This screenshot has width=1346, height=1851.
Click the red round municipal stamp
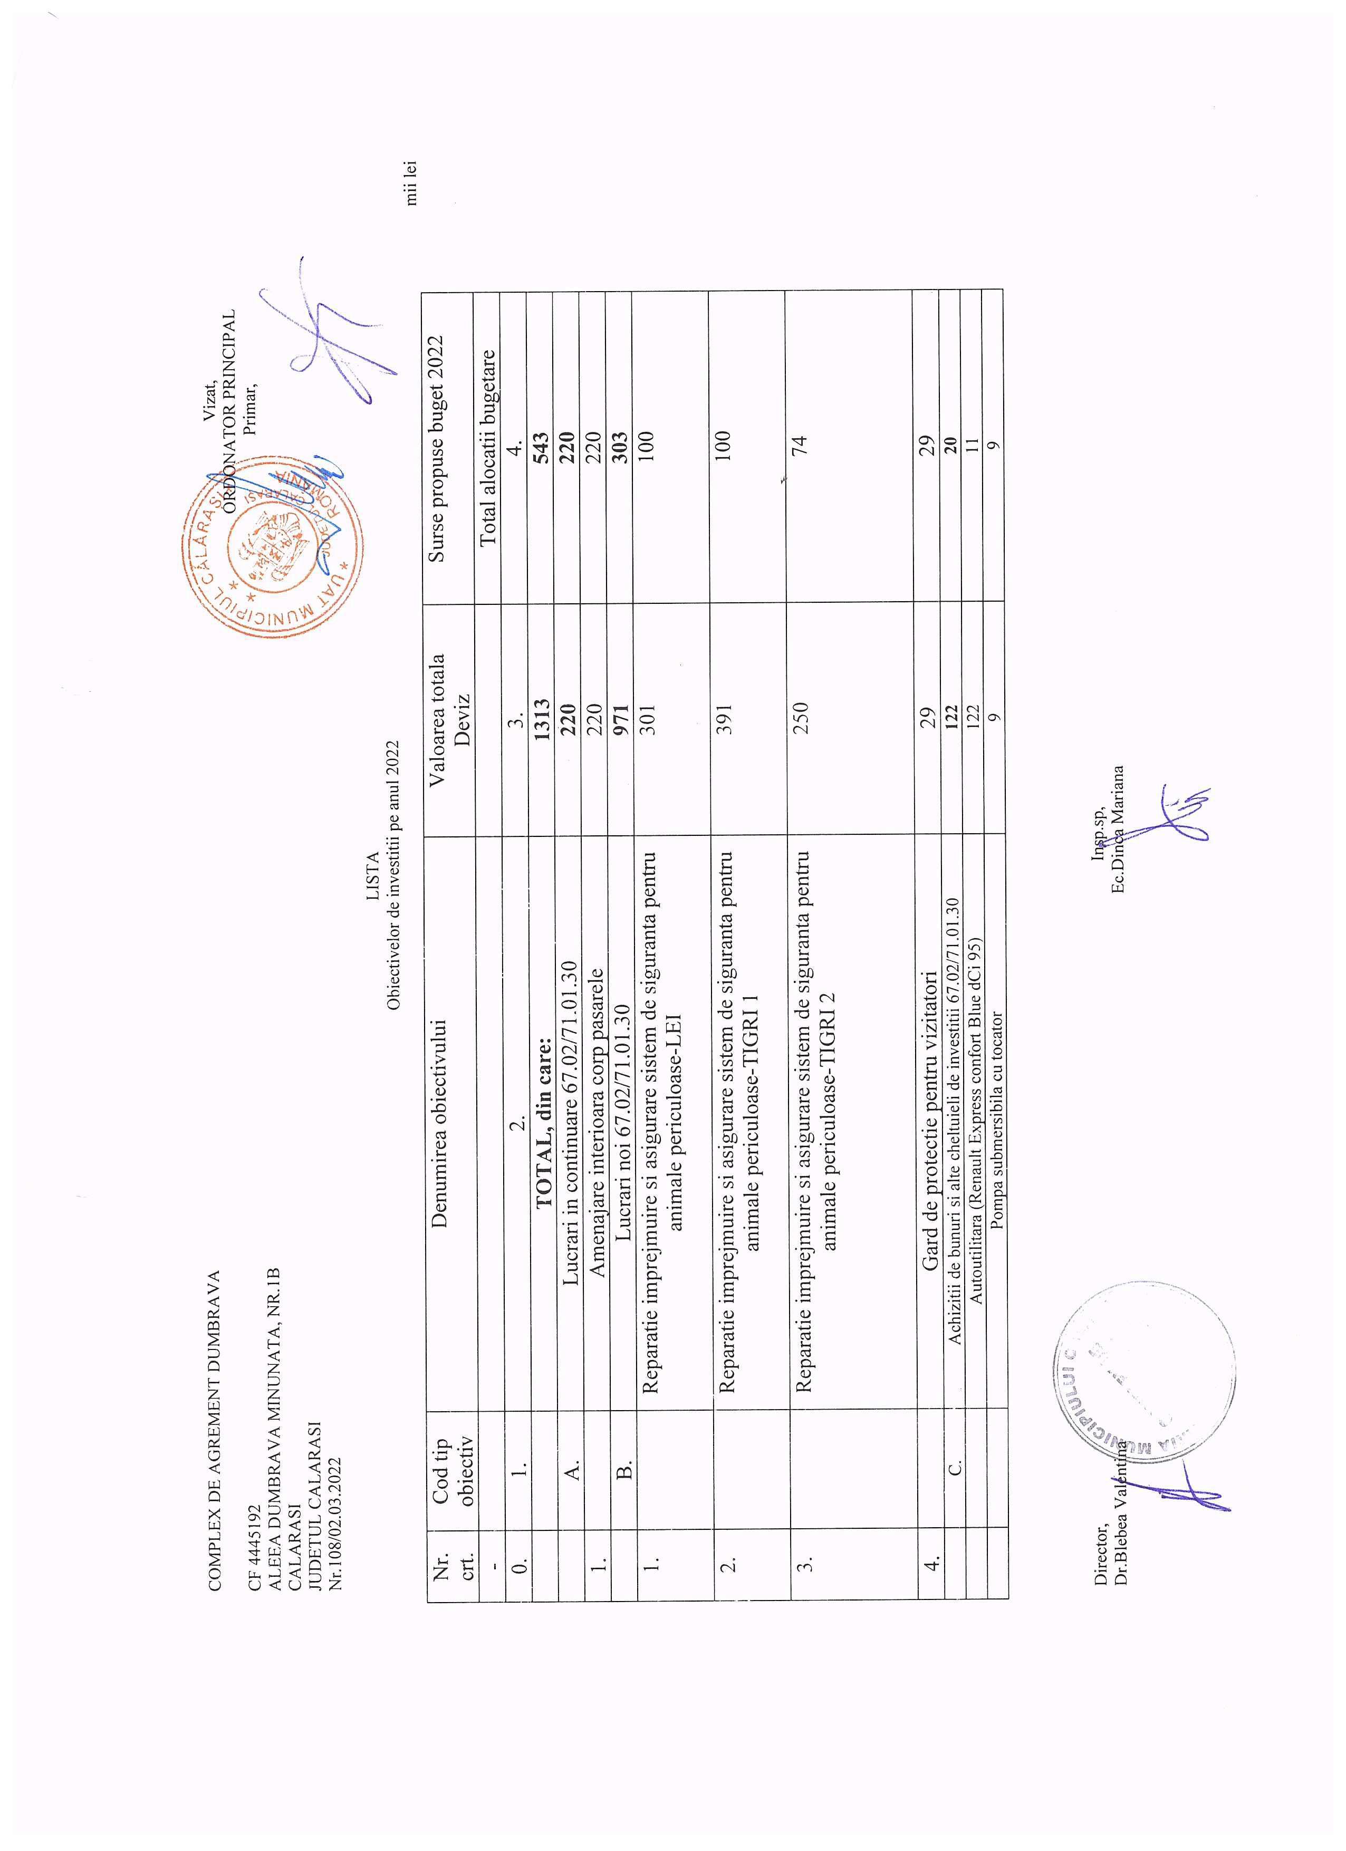pyautogui.click(x=272, y=547)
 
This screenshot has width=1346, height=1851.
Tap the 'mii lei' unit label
pyautogui.click(x=410, y=181)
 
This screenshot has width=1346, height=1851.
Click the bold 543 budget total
pyautogui.click(x=541, y=449)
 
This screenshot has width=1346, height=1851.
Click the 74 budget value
pyautogui.click(x=800, y=446)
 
